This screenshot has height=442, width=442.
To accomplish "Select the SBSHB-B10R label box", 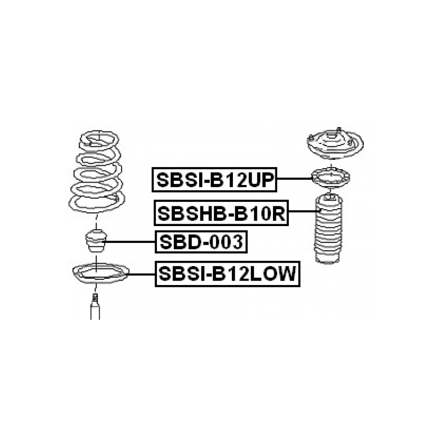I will coord(221,212).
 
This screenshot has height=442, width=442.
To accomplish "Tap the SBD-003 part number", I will coord(200,242).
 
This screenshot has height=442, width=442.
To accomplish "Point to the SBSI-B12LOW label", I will coord(227,274).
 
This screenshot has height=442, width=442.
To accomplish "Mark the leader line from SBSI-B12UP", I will coord(295,179).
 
